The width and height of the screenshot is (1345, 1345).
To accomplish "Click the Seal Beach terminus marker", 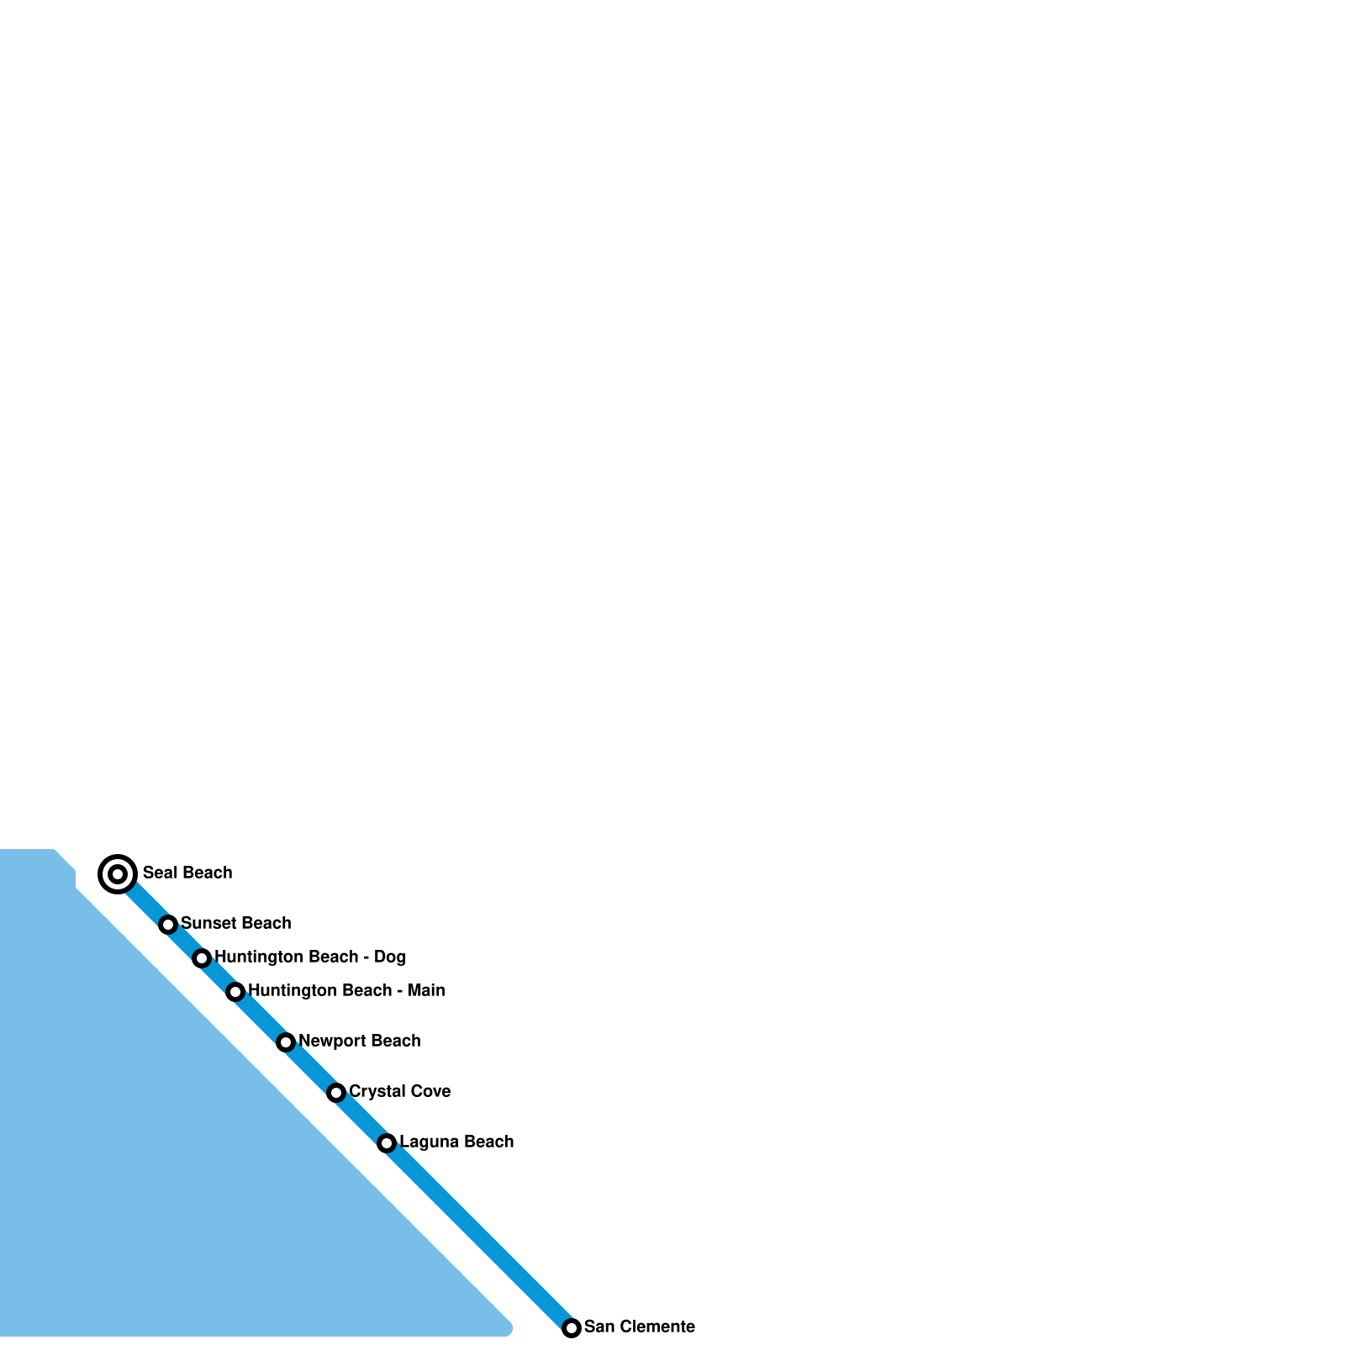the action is (118, 874).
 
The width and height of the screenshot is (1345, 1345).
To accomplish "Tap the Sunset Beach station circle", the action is (168, 925).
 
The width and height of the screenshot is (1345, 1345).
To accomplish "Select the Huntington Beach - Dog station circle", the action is (202, 958).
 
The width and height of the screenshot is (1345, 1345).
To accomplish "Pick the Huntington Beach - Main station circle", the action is (235, 992).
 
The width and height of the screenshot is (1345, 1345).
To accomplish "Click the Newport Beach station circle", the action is (286, 1042).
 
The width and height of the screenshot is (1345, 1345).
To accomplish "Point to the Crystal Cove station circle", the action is (336, 1093).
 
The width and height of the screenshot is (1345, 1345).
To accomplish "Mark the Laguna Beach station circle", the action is (387, 1143).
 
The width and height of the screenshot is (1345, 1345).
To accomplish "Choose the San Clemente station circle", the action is (572, 1328).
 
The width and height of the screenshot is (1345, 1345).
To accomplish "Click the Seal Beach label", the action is (187, 873).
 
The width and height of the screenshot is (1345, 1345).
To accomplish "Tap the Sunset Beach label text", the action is (235, 923).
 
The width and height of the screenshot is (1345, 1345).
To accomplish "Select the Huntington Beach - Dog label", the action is (309, 957).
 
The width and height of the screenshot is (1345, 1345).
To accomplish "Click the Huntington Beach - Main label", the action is (346, 990).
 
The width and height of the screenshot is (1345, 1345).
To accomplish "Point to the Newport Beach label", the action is (359, 1041).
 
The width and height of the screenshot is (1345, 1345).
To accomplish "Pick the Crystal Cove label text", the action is (399, 1091).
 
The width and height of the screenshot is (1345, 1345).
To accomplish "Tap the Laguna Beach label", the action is (456, 1142).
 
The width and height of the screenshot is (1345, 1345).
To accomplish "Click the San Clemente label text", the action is (639, 1327).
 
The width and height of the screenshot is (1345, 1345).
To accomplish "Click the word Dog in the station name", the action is (390, 957).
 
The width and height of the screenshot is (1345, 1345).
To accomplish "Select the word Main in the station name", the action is (426, 990).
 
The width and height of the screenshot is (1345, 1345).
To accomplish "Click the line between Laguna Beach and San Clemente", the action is (479, 1236).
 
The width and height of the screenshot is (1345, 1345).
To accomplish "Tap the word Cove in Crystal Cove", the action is (429, 1091).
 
